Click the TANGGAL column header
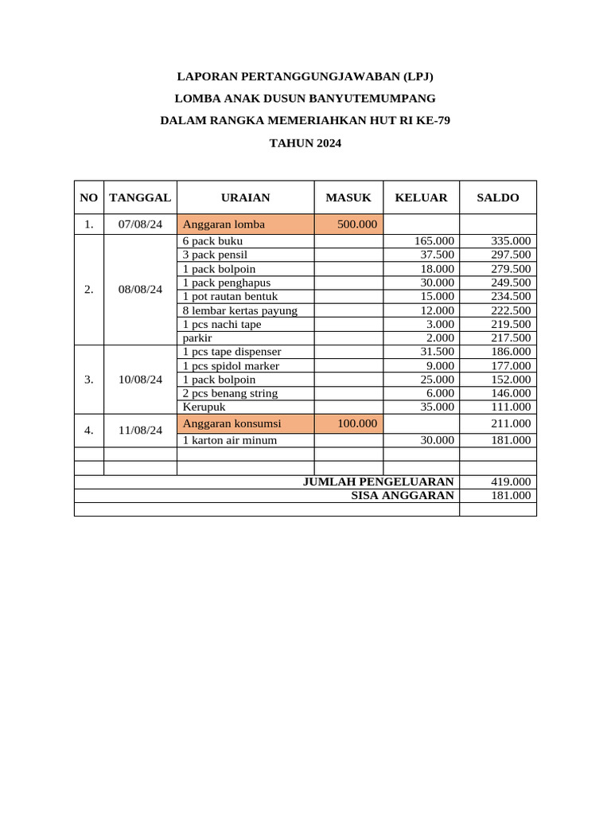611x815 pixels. [140, 197]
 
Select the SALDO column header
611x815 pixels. [497, 197]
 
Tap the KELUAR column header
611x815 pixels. [421, 197]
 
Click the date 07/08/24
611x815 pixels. [140, 224]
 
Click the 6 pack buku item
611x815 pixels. [213, 241]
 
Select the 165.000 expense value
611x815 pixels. [434, 241]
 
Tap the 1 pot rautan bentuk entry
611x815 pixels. [230, 296]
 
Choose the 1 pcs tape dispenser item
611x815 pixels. [232, 352]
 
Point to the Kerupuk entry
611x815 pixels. [204, 407]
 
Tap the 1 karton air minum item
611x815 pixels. [230, 440]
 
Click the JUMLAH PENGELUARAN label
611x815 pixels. [379, 482]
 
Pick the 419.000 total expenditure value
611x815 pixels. [510, 482]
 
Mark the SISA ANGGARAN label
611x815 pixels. [403, 495]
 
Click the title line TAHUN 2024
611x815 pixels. [305, 144]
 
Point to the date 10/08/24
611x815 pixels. [140, 380]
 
